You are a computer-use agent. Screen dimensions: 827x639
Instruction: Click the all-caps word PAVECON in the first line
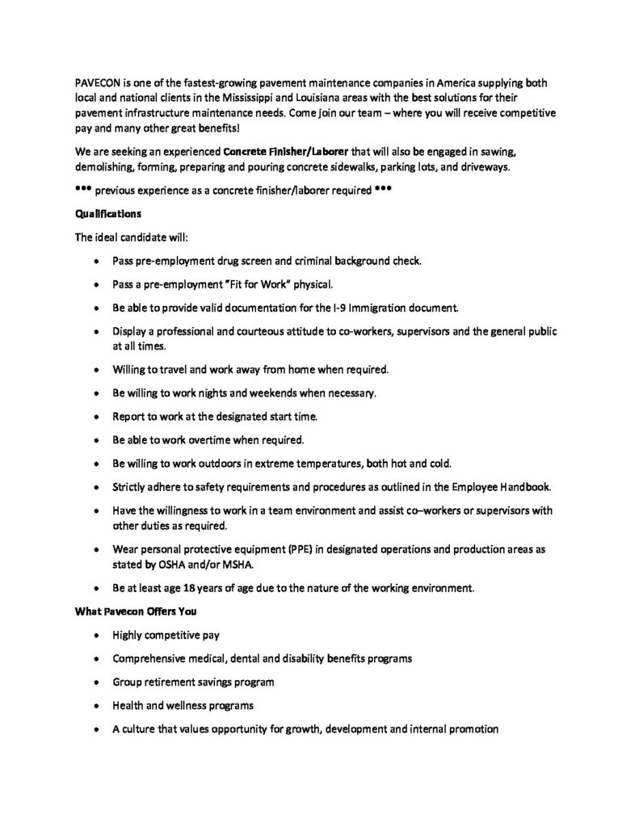click(x=98, y=82)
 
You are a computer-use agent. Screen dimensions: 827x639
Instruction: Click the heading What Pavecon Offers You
click(x=130, y=611)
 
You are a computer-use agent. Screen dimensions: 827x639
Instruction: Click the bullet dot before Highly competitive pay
click(x=98, y=636)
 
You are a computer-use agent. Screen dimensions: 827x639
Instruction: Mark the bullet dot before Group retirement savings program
click(x=98, y=682)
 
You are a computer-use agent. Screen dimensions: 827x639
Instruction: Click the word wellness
click(x=199, y=705)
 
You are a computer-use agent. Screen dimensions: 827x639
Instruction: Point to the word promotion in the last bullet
click(x=472, y=728)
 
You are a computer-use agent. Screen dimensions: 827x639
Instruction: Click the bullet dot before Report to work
click(x=98, y=418)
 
